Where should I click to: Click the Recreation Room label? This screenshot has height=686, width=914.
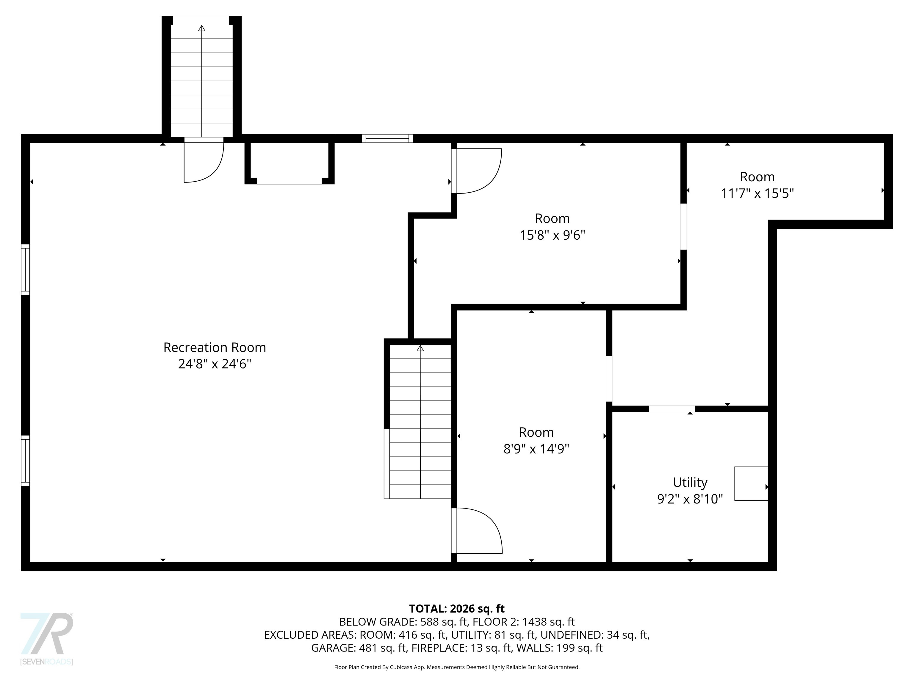coord(215,347)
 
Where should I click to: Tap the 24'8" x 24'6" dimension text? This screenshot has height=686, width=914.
coord(215,364)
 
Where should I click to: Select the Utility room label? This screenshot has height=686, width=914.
coord(690,482)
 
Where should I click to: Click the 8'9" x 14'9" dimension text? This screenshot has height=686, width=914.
coord(536,449)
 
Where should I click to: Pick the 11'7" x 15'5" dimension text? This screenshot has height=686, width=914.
coord(757,193)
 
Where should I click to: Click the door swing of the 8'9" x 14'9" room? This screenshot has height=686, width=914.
coord(479,531)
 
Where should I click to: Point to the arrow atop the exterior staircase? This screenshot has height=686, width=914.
coord(202,28)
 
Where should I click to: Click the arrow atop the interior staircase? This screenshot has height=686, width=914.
coord(420,348)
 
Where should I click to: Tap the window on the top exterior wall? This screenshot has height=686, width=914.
coord(387,138)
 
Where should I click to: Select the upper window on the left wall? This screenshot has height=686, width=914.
coord(26,269)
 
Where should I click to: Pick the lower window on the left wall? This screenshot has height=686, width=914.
coord(26,460)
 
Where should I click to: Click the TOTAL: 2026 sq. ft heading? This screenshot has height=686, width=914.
coord(457,609)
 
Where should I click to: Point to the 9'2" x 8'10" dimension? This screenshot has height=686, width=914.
coord(690,499)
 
